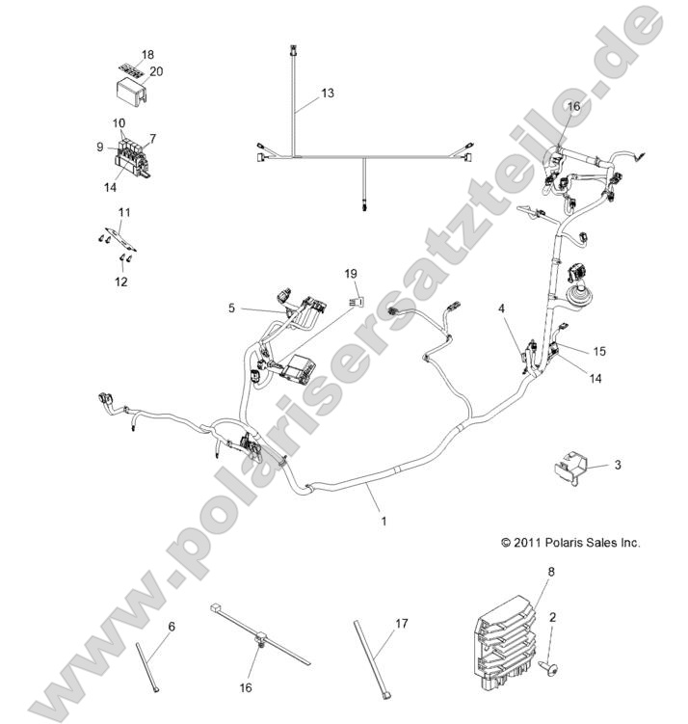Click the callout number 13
[x=329, y=94]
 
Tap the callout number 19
[x=351, y=274]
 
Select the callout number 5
[x=231, y=308]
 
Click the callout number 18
[x=147, y=54]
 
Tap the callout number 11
[x=123, y=212]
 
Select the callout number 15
[x=599, y=351]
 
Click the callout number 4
[x=502, y=308]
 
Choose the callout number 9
[x=99, y=147]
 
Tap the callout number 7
[x=152, y=138]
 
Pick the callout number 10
[x=119, y=123]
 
